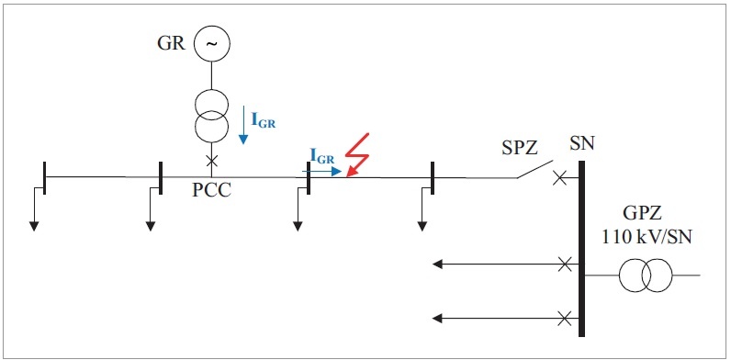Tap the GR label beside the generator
pos(172,44)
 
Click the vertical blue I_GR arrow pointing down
pos(243,125)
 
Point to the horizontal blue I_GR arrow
pos(322,171)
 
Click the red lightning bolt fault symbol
pos(357,154)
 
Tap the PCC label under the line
pos(211,190)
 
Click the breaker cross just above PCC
pos(211,161)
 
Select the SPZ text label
pos(520,148)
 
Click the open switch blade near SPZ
pos(534,169)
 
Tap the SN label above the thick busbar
pos(582,144)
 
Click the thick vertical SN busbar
pos(582,249)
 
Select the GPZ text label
pos(642,214)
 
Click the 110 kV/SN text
pos(647,237)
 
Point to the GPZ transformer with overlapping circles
pos(646,276)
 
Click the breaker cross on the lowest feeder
pos(565,319)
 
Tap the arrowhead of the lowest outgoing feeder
pos(437,319)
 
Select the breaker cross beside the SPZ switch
pos(559,177)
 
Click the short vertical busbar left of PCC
pos(161,177)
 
